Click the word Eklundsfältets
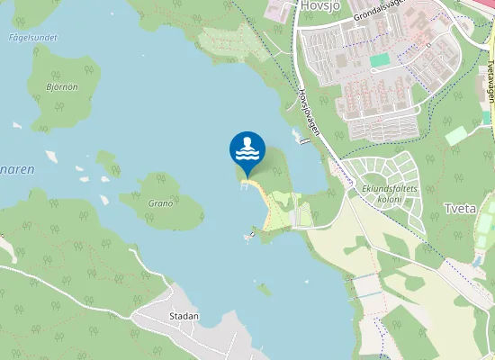[385, 188]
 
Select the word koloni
[387, 199]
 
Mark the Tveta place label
[461, 209]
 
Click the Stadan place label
[184, 317]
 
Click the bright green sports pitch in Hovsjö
[381, 59]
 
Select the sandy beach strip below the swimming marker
[263, 200]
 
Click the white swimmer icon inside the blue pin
[247, 148]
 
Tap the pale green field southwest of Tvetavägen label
[456, 135]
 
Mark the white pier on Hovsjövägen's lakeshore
[297, 137]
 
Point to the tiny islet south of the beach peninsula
[264, 290]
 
